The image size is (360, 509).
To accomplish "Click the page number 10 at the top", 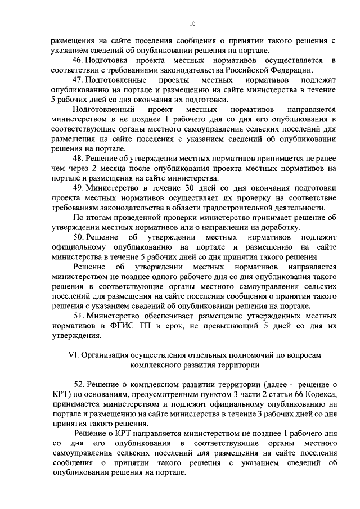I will click(192, 24).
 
